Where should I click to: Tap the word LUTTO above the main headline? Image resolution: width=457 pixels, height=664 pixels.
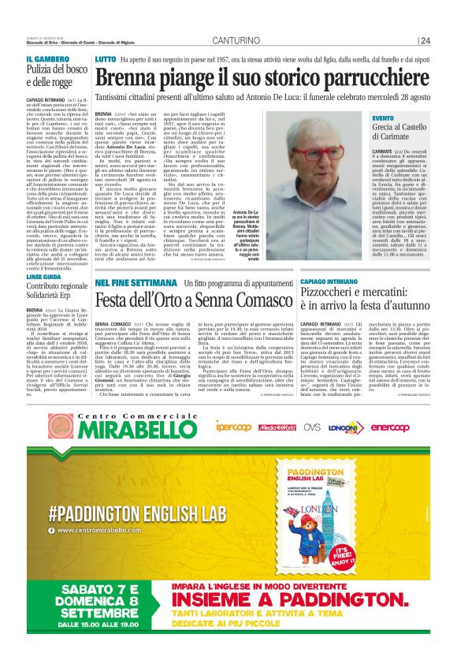tap(105, 60)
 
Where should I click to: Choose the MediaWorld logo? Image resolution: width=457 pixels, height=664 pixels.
tap(278, 427)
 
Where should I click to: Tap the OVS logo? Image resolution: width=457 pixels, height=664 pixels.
tap(313, 427)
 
